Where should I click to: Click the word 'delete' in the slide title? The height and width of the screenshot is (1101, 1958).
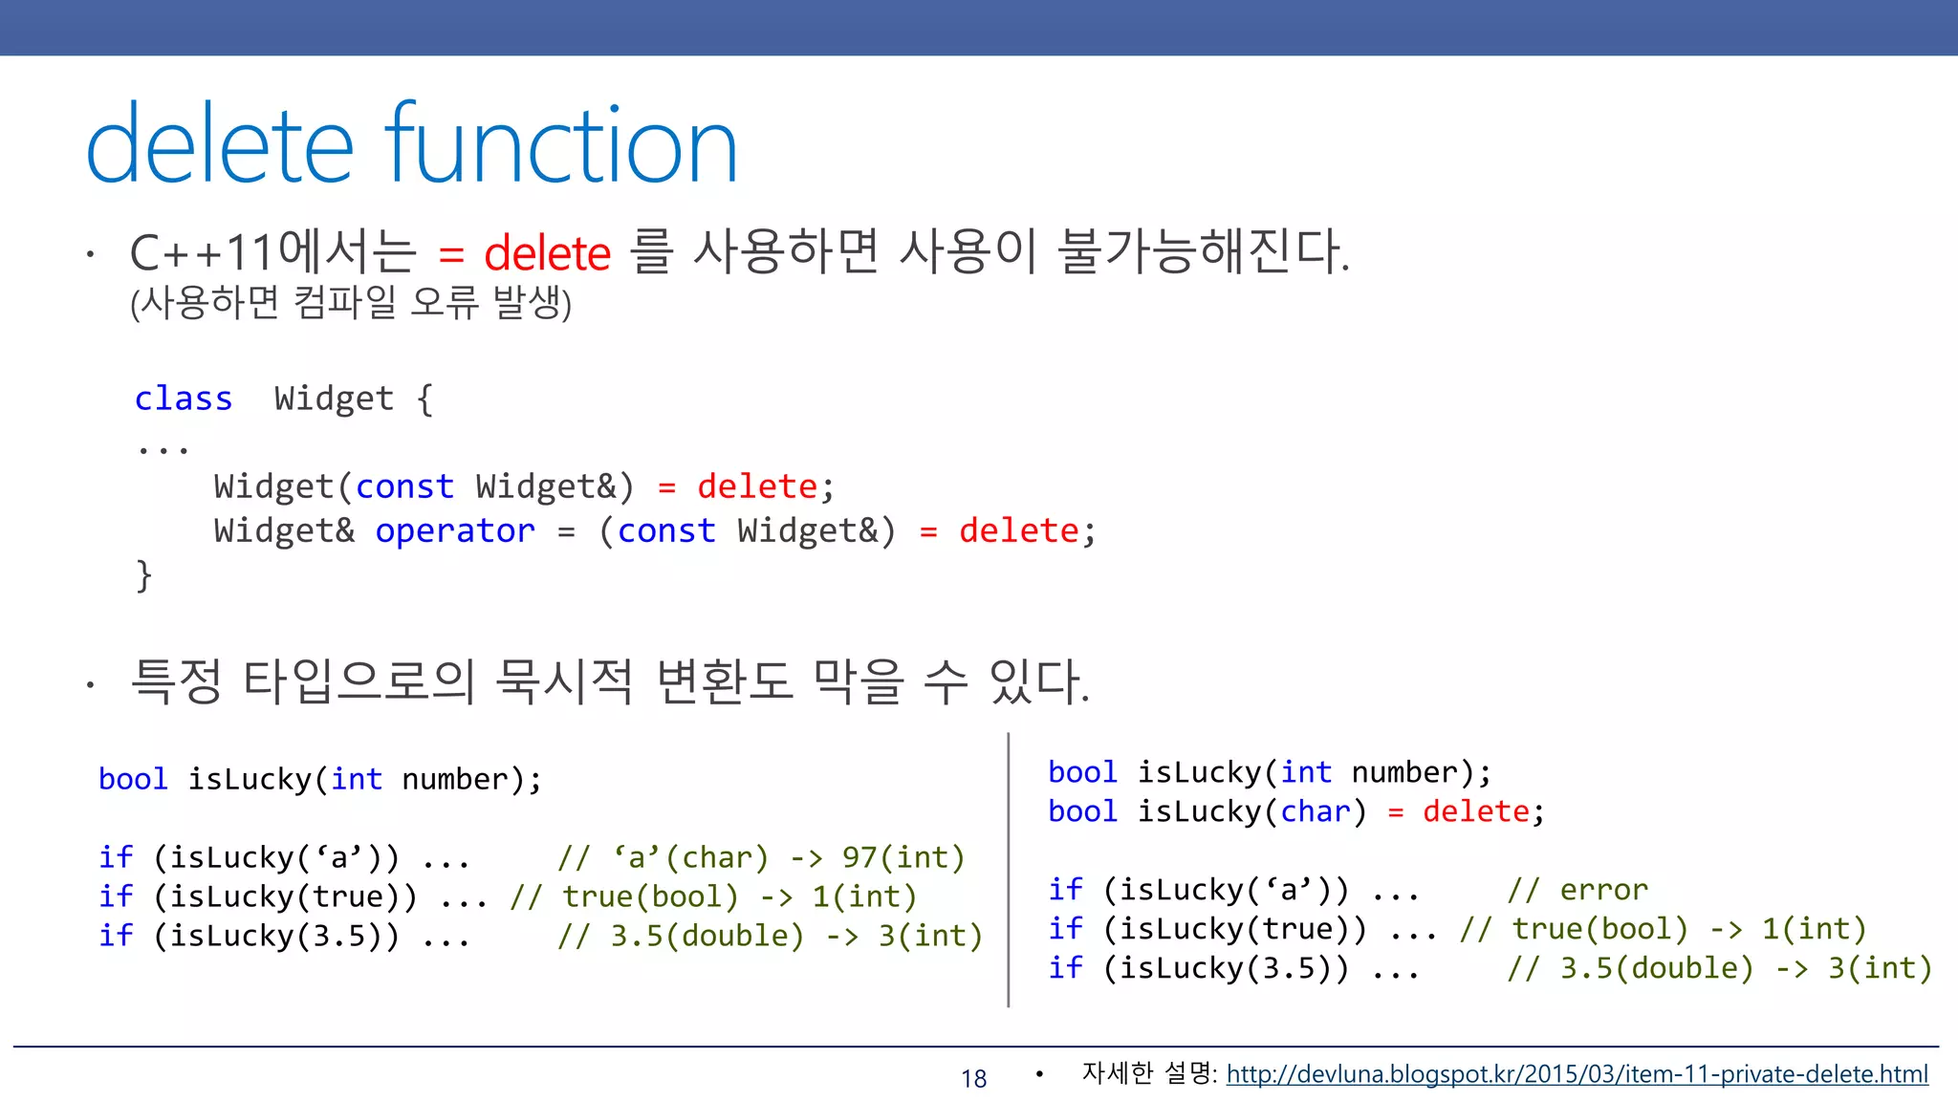click(220, 145)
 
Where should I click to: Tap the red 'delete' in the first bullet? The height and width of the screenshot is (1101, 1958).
click(547, 254)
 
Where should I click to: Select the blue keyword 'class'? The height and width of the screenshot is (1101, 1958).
click(183, 398)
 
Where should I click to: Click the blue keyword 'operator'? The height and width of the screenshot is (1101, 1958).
click(454, 530)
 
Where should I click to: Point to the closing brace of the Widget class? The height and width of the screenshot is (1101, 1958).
click(144, 575)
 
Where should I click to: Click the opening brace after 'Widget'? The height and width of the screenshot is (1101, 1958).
click(424, 399)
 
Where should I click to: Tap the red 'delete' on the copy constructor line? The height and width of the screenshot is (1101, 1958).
click(756, 486)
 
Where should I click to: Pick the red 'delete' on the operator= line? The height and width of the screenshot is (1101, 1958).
click(1018, 530)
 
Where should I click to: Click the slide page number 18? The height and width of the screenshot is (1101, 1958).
click(973, 1079)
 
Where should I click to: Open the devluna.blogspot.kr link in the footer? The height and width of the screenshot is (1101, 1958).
click(1577, 1074)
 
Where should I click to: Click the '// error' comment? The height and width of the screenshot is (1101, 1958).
click(1577, 890)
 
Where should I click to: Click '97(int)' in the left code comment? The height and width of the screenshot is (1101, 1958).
click(903, 857)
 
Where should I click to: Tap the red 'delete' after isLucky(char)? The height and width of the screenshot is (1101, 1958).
click(1476, 811)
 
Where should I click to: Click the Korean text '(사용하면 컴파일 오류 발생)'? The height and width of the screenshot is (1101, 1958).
click(351, 303)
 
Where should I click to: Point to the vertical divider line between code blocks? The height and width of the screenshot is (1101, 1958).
click(1009, 870)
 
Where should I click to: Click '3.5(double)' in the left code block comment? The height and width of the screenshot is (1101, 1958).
click(707, 936)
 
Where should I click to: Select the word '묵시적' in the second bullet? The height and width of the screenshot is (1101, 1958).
click(564, 681)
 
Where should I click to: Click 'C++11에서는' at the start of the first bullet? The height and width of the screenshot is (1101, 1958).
click(273, 252)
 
